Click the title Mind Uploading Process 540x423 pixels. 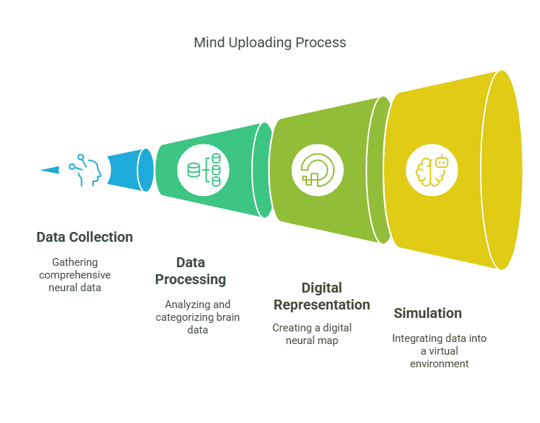click(x=270, y=42)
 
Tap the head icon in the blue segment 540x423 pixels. click(x=85, y=169)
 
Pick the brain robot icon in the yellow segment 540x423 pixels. click(x=432, y=169)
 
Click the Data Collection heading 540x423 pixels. click(x=85, y=237)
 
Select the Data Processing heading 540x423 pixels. click(x=191, y=271)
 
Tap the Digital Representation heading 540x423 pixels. click(x=321, y=296)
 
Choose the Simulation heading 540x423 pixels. click(x=428, y=313)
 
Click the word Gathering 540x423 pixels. click(x=75, y=262)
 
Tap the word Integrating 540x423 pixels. click(x=419, y=338)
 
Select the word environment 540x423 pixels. click(x=439, y=364)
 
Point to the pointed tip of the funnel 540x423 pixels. click(x=37, y=169)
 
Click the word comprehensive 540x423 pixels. click(x=75, y=275)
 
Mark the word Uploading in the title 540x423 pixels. click(x=261, y=42)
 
